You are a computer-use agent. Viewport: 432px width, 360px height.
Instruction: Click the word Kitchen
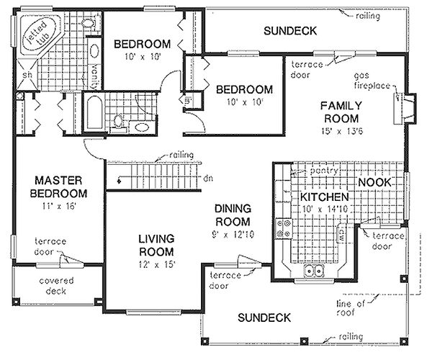click(325, 197)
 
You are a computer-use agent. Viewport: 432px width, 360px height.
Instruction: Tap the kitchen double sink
click(315, 271)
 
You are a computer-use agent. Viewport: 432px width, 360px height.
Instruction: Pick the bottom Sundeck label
click(264, 317)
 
